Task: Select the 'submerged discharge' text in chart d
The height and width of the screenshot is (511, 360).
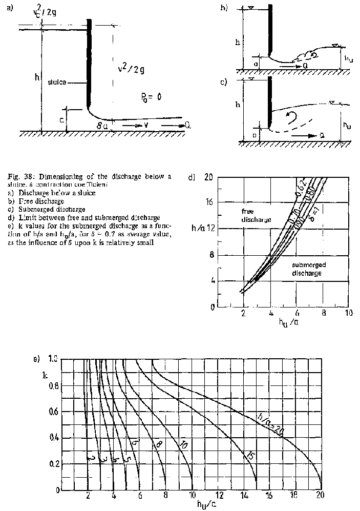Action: click(x=307, y=269)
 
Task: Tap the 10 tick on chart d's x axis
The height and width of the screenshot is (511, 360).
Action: click(x=348, y=313)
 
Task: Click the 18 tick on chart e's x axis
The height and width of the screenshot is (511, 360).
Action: click(x=294, y=496)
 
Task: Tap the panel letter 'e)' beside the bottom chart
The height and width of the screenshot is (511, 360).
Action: click(x=36, y=358)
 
